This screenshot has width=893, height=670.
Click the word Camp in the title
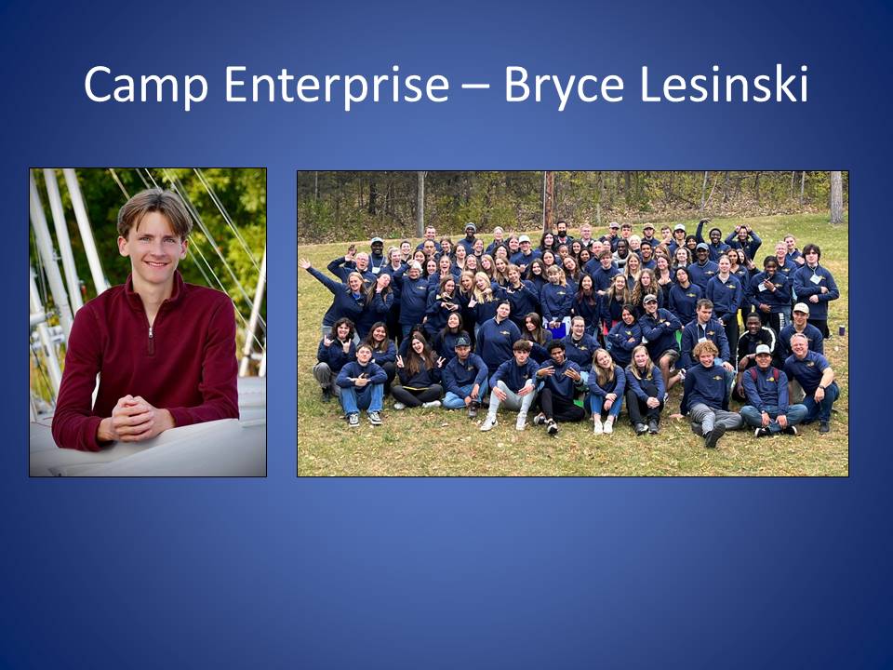pyautogui.click(x=146, y=85)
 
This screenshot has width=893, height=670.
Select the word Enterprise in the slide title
pyautogui.click(x=337, y=85)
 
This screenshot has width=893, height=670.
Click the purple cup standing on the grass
pyautogui.click(x=841, y=331)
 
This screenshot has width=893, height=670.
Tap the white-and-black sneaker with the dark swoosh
pyautogui.click(x=487, y=423)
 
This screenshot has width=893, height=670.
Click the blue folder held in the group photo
pyautogui.click(x=557, y=329)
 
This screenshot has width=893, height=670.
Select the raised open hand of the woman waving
pyautogui.click(x=304, y=263)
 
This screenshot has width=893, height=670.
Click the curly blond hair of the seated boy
pyautogui.click(x=705, y=348)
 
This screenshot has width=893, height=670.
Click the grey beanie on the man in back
pyautogui.click(x=470, y=227)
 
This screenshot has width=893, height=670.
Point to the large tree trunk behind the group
pyautogui.click(x=836, y=197)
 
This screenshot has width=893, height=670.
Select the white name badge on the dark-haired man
pyautogui.click(x=816, y=278)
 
